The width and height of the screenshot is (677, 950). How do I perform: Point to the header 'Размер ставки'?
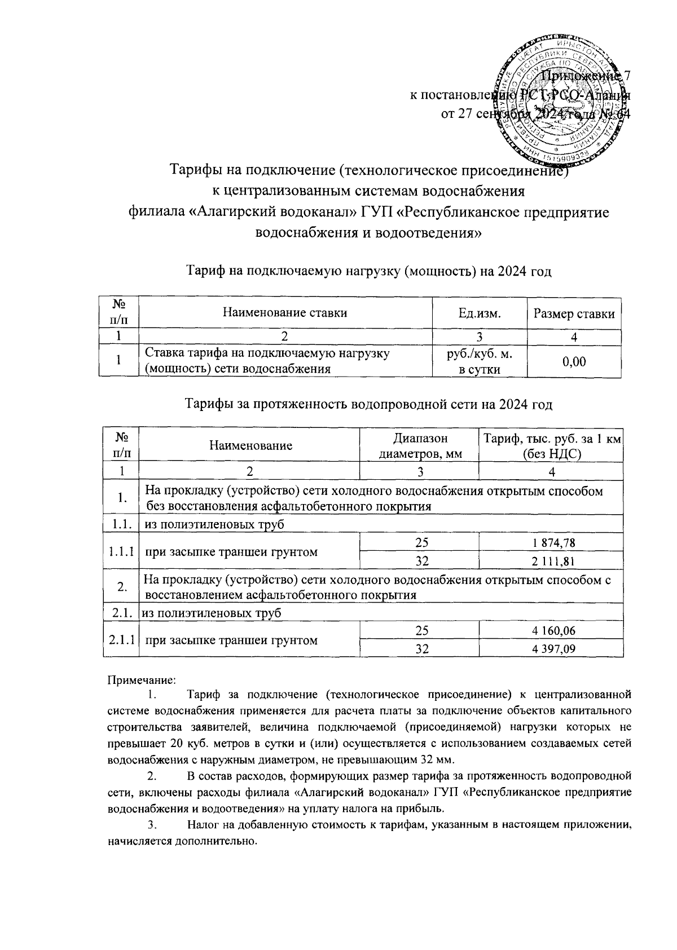(x=574, y=313)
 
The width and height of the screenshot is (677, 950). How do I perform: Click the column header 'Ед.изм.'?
(x=480, y=313)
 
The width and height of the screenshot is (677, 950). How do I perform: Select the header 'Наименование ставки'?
(x=285, y=313)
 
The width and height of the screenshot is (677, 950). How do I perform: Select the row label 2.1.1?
(x=121, y=640)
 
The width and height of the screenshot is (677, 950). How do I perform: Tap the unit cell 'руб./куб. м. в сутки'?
(x=480, y=361)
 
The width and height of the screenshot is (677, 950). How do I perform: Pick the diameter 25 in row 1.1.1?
(x=419, y=542)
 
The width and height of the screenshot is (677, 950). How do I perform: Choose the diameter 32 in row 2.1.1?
(x=419, y=649)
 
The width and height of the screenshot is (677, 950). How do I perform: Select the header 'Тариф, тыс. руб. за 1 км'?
(x=551, y=439)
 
